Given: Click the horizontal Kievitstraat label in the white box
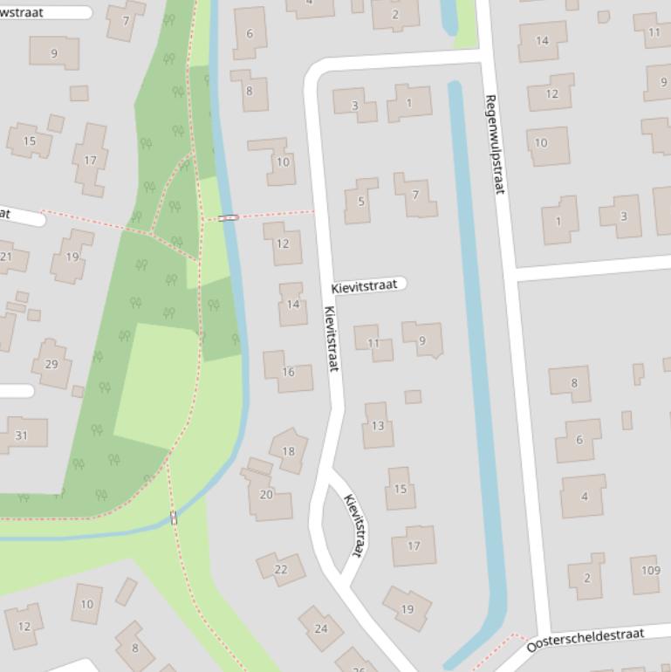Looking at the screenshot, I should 365,285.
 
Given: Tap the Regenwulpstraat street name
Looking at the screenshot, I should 495,144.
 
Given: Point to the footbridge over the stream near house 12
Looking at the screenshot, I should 229,217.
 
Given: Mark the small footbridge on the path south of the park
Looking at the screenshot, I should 174,518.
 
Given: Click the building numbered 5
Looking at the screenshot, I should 360,201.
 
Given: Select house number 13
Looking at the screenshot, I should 378,425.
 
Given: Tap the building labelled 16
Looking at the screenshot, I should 287,371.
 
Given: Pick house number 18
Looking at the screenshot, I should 288,450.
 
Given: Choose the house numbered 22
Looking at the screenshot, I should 281,569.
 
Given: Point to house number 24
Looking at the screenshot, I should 320,627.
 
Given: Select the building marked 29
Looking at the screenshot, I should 51,364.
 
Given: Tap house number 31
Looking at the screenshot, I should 22,435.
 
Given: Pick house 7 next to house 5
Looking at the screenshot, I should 415,195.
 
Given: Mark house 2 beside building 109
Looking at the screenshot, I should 585,576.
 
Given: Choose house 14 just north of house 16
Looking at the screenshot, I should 292,305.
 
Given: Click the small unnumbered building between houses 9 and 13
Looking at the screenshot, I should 413,396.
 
